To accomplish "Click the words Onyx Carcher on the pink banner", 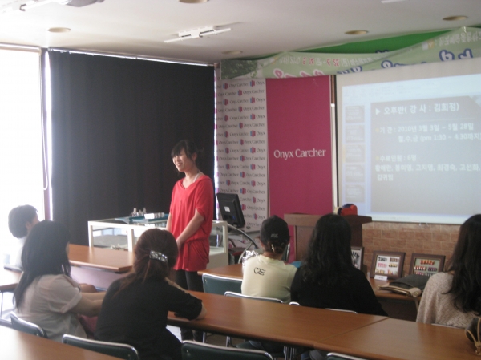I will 300,153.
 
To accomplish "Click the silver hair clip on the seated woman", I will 158,257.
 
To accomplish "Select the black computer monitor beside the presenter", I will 231,210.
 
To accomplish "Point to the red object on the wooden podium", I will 347,209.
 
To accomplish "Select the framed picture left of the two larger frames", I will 357,257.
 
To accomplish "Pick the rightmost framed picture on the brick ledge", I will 426,265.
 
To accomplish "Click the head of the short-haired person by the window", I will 22,220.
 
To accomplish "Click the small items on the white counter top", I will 145,215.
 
